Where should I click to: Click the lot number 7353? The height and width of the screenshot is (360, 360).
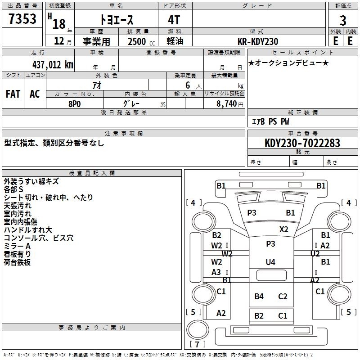point(22,19)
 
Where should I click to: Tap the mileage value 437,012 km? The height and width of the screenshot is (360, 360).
point(53,65)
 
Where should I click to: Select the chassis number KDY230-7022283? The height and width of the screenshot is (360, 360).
point(302,143)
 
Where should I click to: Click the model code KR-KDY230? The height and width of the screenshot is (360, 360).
point(258,41)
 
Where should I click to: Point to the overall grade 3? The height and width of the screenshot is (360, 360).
point(343,21)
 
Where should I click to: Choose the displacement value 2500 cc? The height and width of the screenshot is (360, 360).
point(141,41)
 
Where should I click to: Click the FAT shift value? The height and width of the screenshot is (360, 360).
point(13,94)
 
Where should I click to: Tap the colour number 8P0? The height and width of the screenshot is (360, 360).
point(75,104)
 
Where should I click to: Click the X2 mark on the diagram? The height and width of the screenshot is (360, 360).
point(284,229)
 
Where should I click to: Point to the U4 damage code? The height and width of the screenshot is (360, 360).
point(270,262)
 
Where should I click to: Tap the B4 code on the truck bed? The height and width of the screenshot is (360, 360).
point(259,297)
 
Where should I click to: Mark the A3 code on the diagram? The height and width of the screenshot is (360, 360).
point(216,272)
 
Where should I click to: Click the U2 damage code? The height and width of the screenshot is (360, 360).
point(315,254)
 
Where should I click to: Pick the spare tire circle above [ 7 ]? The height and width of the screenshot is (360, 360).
point(198,329)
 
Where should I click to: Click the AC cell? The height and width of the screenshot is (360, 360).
point(35,94)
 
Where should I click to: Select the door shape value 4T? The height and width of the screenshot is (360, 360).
point(174,20)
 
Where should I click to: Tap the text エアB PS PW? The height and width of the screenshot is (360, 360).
point(270,121)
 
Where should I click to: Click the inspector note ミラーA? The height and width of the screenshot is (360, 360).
point(17,246)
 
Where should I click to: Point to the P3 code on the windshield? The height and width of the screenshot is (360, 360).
point(252,213)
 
